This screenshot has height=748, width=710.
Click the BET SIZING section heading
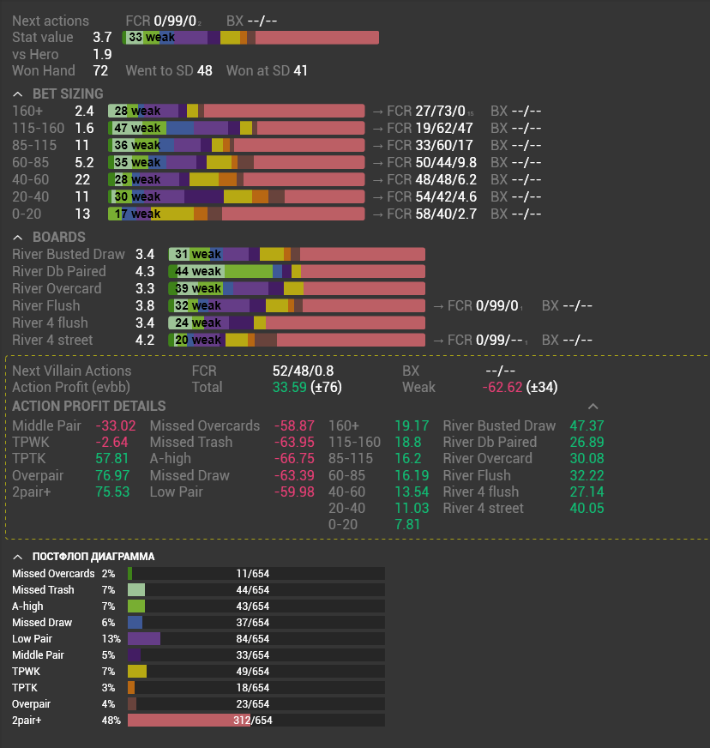point(68,93)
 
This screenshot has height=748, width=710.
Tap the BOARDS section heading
point(58,237)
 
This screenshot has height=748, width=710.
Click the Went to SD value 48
point(204,70)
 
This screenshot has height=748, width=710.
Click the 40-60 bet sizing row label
point(31,179)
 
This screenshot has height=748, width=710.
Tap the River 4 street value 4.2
point(145,340)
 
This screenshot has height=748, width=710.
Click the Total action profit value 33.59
point(290,387)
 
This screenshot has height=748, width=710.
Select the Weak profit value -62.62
point(502,387)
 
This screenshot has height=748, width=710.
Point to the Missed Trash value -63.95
point(294,442)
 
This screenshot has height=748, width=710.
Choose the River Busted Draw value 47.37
point(587,425)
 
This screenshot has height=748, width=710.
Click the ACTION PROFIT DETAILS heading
point(89,406)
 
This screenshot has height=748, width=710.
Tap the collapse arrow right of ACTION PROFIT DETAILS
point(593,406)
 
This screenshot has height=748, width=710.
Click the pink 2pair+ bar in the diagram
point(189,721)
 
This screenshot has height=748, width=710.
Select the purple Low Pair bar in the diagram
point(143,639)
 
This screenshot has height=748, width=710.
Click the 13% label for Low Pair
point(111,639)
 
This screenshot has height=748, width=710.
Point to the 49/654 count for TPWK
point(253,672)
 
